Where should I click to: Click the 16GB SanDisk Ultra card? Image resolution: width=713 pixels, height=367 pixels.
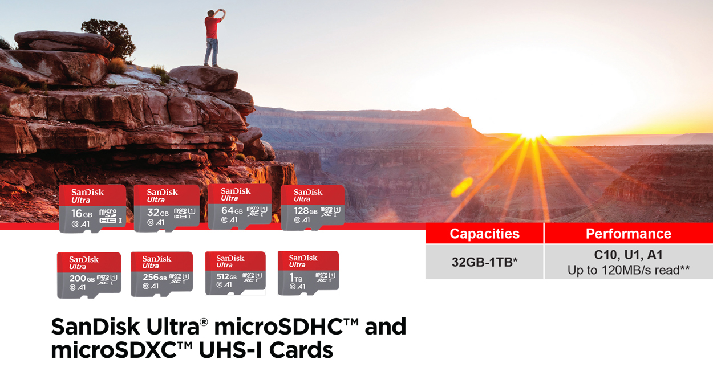[92, 209]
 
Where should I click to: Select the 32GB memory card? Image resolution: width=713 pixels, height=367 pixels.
[167, 209]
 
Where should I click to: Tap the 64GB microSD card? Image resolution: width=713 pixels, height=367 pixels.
[240, 207]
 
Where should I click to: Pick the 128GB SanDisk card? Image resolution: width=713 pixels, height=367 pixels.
[313, 207]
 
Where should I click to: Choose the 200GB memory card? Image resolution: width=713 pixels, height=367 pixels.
[89, 275]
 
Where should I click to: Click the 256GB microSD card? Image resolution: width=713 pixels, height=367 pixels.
[161, 274]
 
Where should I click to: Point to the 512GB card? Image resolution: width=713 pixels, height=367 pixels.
[235, 273]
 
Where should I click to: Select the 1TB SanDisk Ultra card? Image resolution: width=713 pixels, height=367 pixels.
[309, 273]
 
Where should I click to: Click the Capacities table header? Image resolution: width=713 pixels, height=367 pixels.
[484, 234]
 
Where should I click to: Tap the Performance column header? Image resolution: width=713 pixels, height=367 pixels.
[629, 234]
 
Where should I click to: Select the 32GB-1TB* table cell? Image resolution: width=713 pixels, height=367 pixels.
[484, 262]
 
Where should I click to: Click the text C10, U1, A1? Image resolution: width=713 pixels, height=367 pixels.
[629, 255]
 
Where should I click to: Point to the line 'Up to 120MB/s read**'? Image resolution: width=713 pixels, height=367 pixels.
[629, 270]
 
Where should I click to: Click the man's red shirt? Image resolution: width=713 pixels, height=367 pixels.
[212, 27]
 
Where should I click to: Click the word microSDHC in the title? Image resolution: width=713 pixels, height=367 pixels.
[286, 327]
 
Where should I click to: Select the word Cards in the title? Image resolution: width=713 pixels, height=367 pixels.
[301, 350]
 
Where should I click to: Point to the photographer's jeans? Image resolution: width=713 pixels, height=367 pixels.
[212, 51]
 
